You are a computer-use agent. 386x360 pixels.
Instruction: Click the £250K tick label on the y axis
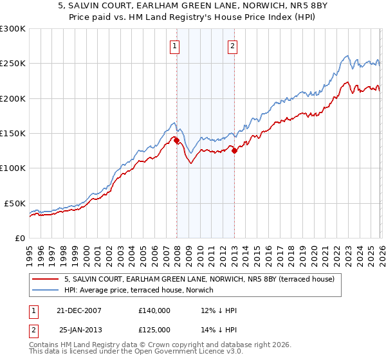pos(13,64)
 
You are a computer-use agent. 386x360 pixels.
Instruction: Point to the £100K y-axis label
pos(13,168)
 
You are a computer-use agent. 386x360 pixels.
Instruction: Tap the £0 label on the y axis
pos(20,238)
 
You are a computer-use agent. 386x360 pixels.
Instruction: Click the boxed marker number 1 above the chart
pos(175,46)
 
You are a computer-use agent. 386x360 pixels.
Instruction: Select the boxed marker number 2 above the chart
pos(232,46)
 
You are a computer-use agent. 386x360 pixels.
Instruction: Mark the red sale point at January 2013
pos(235,151)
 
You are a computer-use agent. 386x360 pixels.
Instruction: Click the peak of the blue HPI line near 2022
pos(347,55)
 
